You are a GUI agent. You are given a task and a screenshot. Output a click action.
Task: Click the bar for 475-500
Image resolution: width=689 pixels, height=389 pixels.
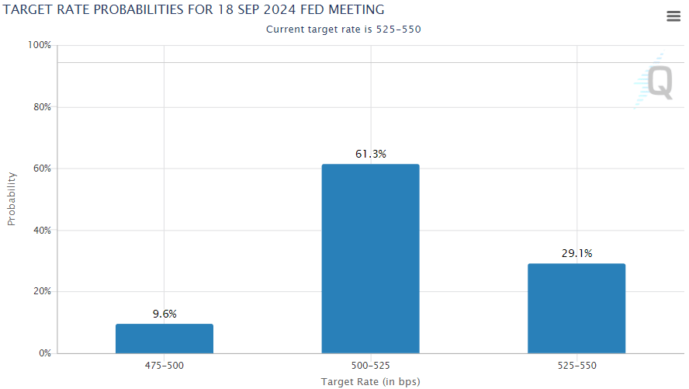click(x=164, y=339)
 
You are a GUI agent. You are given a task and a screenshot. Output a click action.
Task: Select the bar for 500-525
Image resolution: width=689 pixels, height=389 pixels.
click(x=370, y=259)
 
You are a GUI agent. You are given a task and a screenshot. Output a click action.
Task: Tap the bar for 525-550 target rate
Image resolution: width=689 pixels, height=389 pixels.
click(x=576, y=308)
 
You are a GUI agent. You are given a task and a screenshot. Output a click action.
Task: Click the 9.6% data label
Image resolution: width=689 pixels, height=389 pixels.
click(x=164, y=314)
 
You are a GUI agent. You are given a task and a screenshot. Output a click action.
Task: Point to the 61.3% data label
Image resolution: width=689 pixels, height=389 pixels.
click(x=371, y=154)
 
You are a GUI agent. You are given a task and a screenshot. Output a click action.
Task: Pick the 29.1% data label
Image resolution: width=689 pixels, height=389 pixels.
click(x=576, y=253)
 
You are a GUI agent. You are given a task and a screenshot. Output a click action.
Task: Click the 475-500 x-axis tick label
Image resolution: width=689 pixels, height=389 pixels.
click(x=164, y=365)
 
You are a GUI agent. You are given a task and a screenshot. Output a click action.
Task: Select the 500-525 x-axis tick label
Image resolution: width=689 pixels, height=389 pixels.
click(x=370, y=365)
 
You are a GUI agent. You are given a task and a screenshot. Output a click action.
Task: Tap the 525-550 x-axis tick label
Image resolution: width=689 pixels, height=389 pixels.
click(x=576, y=365)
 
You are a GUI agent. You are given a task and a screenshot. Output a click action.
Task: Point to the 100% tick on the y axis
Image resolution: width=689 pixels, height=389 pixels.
click(x=40, y=46)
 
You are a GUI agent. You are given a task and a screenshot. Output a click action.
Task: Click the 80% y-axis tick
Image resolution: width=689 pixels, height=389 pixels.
click(x=41, y=107)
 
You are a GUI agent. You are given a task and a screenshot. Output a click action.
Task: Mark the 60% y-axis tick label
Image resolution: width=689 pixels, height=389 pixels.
click(x=41, y=168)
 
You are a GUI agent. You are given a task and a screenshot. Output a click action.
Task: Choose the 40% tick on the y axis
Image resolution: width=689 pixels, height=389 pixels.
click(x=41, y=231)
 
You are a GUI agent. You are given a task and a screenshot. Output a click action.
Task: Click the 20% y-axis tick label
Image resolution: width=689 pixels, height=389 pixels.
click(x=41, y=292)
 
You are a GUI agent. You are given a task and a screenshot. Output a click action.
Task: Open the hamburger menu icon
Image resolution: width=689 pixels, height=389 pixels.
click(x=673, y=17)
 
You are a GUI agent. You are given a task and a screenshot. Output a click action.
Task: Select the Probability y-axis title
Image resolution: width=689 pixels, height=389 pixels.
click(x=12, y=200)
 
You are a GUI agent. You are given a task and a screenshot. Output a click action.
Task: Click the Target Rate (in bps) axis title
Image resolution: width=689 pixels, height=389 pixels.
click(x=370, y=381)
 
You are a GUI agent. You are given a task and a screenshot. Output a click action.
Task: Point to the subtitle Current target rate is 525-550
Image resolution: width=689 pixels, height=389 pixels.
click(x=344, y=30)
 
